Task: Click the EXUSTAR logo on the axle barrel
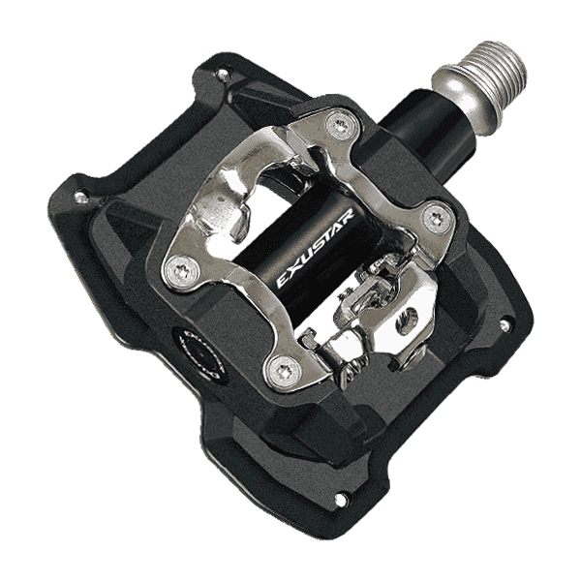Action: coord(316,248)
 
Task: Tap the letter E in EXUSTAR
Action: coord(284,281)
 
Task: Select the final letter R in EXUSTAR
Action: coord(350,216)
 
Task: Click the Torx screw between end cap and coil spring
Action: coord(285,372)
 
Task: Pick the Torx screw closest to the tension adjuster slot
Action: coord(439,219)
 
